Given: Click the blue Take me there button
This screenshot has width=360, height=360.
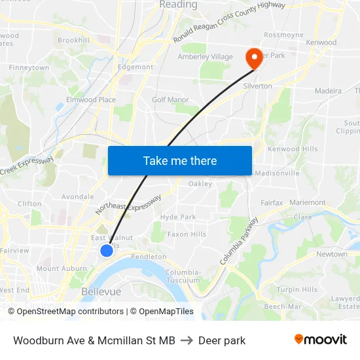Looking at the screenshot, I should (180, 160).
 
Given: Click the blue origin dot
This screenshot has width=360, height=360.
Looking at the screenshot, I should (107, 250).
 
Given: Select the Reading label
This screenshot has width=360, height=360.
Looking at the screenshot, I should (178, 5).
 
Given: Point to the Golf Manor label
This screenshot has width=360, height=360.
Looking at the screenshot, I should (170, 99).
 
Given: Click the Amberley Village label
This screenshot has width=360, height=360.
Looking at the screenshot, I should (206, 57).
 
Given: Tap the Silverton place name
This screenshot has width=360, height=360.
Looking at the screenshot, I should (257, 86).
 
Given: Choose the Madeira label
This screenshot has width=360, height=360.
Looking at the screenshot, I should (328, 91).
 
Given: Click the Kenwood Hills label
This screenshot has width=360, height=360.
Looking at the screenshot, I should (293, 149).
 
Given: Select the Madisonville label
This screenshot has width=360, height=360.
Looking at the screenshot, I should (277, 173).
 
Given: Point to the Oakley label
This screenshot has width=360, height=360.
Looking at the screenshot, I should (200, 184).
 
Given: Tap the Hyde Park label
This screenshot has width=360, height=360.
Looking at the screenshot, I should (178, 217).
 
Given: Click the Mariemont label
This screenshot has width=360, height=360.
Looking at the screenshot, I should (307, 202).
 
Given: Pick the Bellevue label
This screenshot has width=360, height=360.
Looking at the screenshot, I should (101, 291).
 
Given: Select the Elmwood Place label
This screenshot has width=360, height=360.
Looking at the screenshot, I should (90, 100).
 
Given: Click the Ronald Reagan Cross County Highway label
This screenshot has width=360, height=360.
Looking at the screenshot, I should (229, 22).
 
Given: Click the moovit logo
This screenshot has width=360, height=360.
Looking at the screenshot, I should (320, 340).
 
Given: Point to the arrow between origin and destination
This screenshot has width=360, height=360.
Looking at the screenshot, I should (187, 340).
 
